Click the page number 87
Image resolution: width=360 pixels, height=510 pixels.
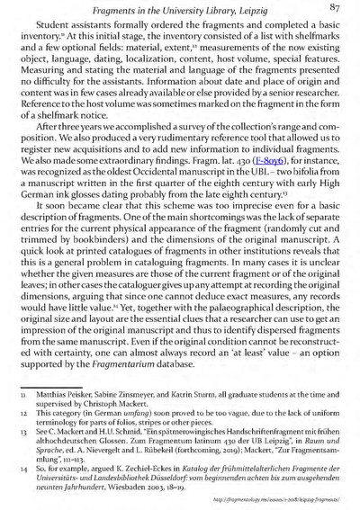click(338, 9)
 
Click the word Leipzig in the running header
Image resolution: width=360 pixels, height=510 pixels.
click(245, 10)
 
